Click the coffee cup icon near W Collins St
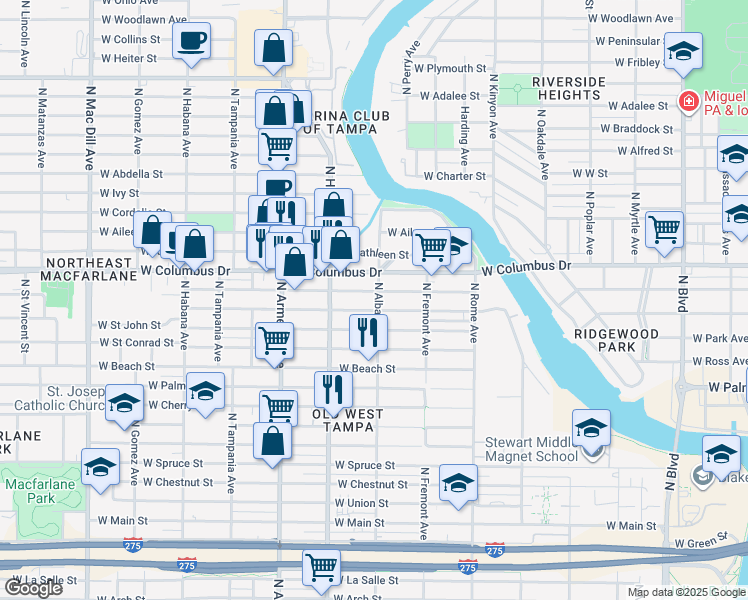191,42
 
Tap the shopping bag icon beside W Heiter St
273,48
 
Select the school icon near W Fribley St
683,52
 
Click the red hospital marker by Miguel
687,102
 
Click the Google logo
33,587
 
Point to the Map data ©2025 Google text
685,592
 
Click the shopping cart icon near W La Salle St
321,566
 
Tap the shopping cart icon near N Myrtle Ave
664,228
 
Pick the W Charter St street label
454,176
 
